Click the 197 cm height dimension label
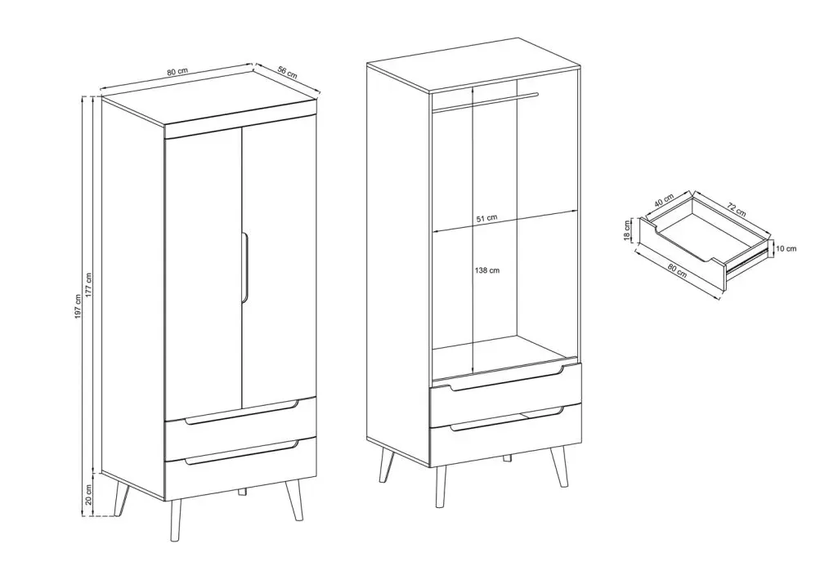pyautogui.click(x=78, y=306)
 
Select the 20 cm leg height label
pyautogui.click(x=89, y=495)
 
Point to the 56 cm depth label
pyautogui.click(x=287, y=73)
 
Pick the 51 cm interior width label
pyautogui.click(x=487, y=217)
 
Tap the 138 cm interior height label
pyautogui.click(x=487, y=270)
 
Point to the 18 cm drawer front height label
pyautogui.click(x=628, y=231)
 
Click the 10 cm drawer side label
pyautogui.click(x=786, y=248)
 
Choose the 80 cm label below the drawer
pyautogui.click(x=677, y=270)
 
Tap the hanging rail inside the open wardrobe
pyautogui.click(x=486, y=102)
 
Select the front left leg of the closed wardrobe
pyautogui.click(x=176, y=519)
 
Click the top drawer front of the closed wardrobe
pyautogui.click(x=240, y=422)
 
